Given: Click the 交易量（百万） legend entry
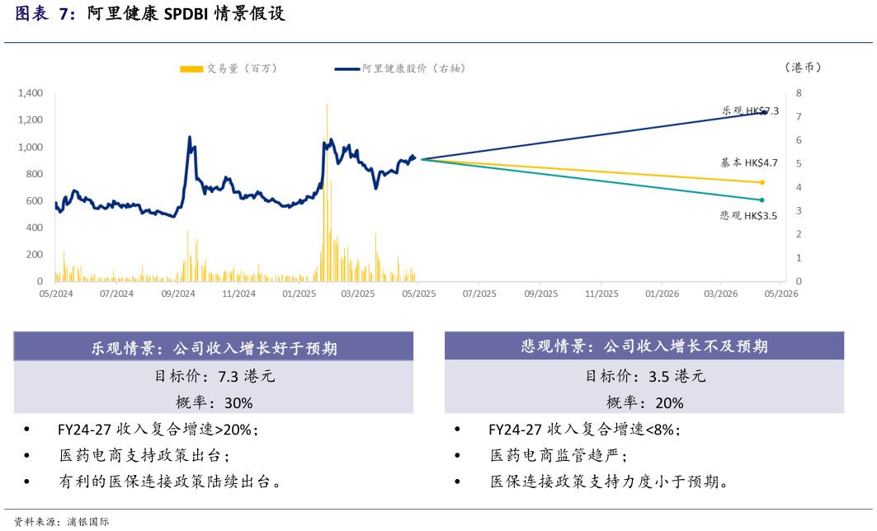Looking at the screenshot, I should point(229,68).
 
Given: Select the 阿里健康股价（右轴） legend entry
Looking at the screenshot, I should point(401,68).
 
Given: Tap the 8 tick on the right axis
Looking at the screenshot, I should point(799,93).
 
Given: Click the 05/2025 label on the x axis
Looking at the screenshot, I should point(418,293).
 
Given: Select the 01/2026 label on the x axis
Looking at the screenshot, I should point(662,293).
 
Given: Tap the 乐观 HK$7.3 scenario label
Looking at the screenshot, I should point(749,110).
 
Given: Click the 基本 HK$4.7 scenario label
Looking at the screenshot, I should point(748,163).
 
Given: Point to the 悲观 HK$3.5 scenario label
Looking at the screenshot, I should point(748,215).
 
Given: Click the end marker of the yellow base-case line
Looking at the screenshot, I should point(762,182).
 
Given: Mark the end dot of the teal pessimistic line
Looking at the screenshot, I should point(762,200).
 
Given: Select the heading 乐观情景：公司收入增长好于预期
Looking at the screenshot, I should point(214,348).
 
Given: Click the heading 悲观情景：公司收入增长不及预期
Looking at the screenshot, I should point(644,347).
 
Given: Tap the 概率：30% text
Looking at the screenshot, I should point(215,402).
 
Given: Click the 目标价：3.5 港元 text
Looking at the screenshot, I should point(645,377).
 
